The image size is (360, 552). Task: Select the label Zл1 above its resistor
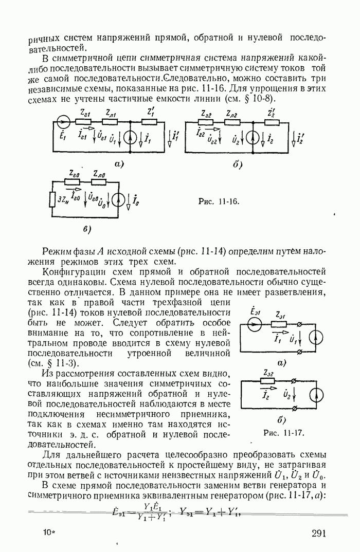(x=110, y=113)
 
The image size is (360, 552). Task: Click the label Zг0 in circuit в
(x=75, y=174)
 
